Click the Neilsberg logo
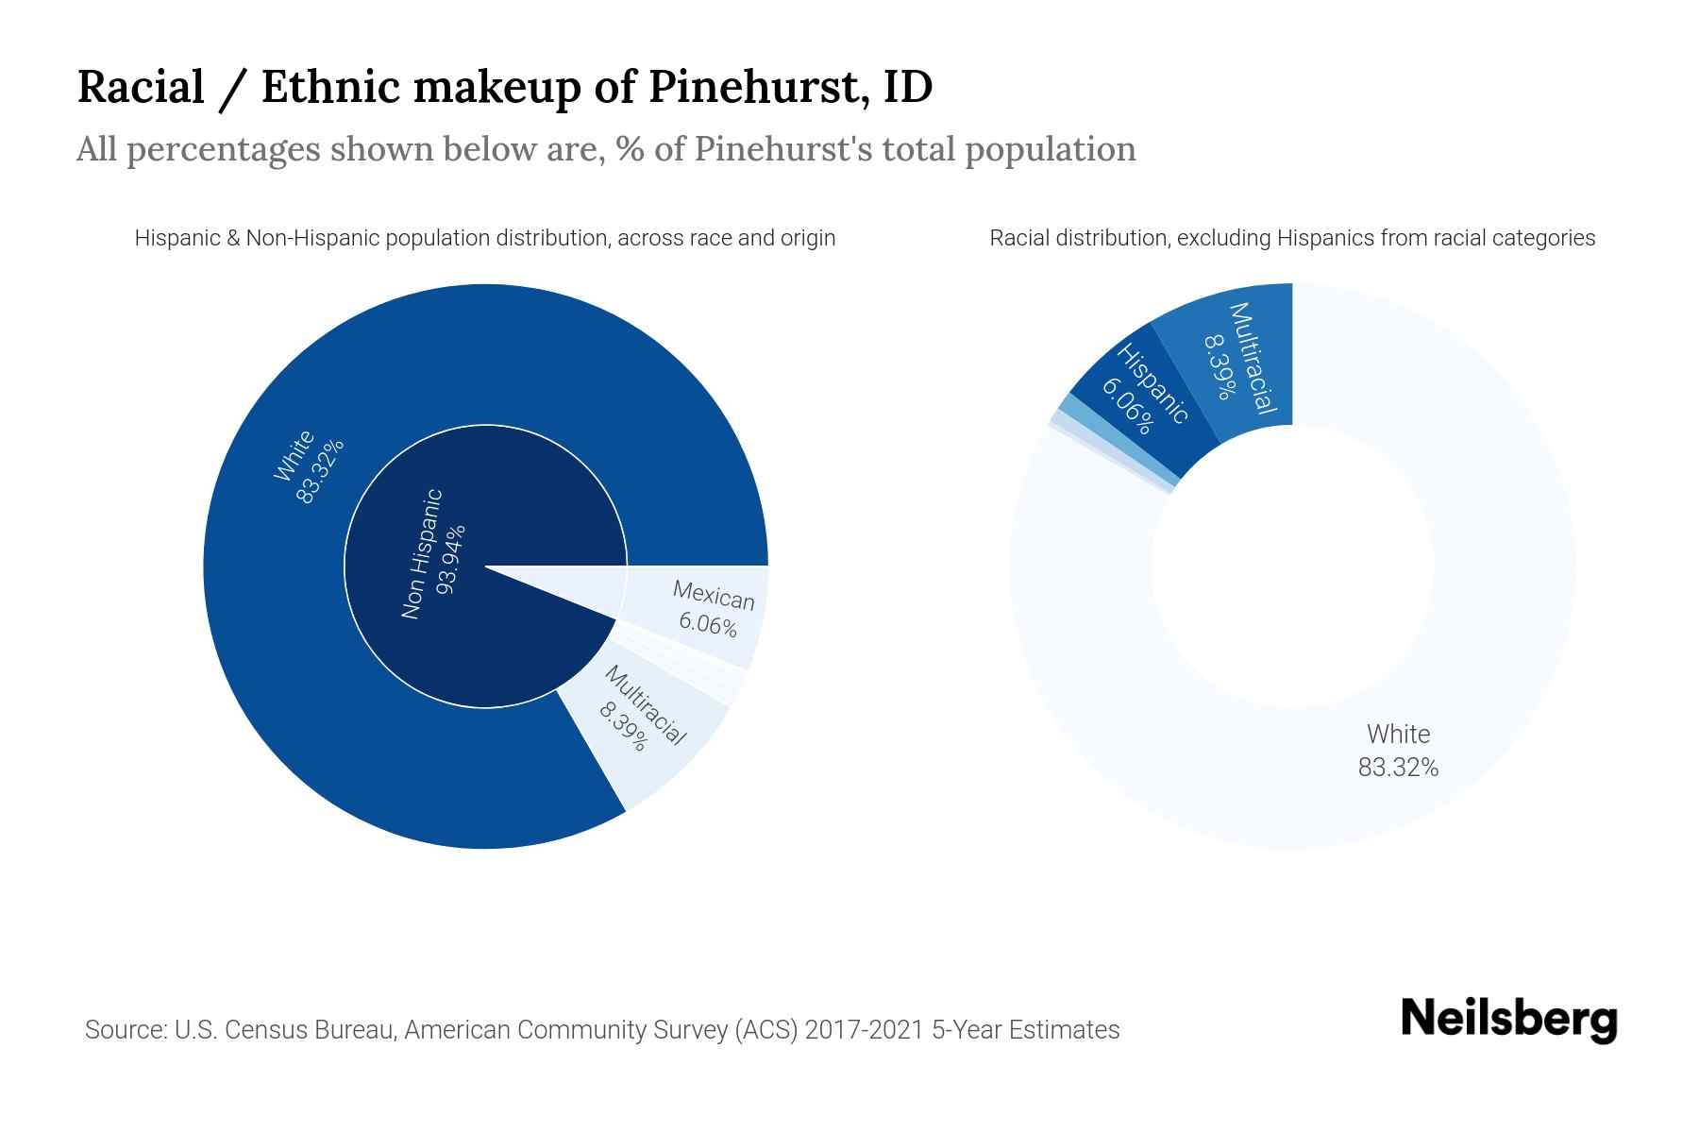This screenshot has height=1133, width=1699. click(x=1508, y=1020)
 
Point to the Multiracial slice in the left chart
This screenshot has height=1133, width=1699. click(x=651, y=727)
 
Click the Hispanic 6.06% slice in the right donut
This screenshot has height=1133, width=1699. click(x=1142, y=397)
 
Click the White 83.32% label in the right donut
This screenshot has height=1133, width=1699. click(x=1398, y=751)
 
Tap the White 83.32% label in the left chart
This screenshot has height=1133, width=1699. click(x=308, y=467)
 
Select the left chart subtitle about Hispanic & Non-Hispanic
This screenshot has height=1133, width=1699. click(x=485, y=238)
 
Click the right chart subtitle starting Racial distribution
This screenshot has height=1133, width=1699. click(x=1292, y=238)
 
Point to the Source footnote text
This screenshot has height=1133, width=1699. click(x=602, y=1029)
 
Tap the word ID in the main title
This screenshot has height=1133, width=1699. click(x=908, y=87)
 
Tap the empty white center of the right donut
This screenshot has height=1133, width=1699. click(x=1292, y=566)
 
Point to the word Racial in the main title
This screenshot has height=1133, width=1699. click(x=141, y=87)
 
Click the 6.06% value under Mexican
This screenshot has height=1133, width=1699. click(x=708, y=624)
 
